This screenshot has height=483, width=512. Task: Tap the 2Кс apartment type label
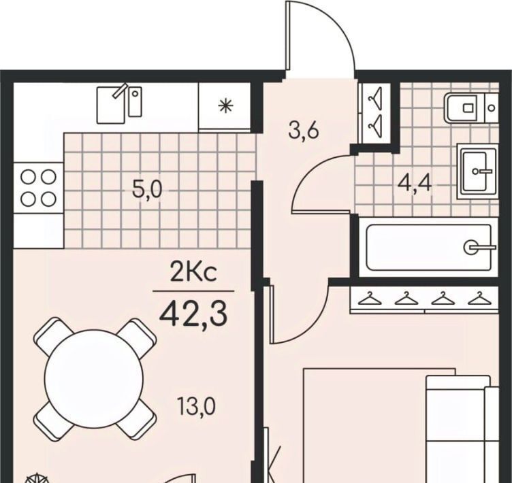(x=193, y=273)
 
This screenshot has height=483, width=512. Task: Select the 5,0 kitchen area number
(x=147, y=190)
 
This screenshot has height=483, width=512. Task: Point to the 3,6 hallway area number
(x=304, y=131)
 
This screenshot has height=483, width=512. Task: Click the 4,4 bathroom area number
(x=415, y=184)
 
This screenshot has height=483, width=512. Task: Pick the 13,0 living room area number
(x=196, y=406)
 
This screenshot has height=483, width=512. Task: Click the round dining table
(x=94, y=378)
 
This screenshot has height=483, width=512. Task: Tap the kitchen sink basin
(x=111, y=105)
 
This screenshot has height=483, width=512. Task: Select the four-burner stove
(x=38, y=188)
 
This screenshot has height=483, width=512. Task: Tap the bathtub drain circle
(x=470, y=247)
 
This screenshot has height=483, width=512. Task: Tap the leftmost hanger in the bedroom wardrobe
(x=370, y=298)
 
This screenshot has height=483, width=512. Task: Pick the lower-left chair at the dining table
(x=52, y=420)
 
